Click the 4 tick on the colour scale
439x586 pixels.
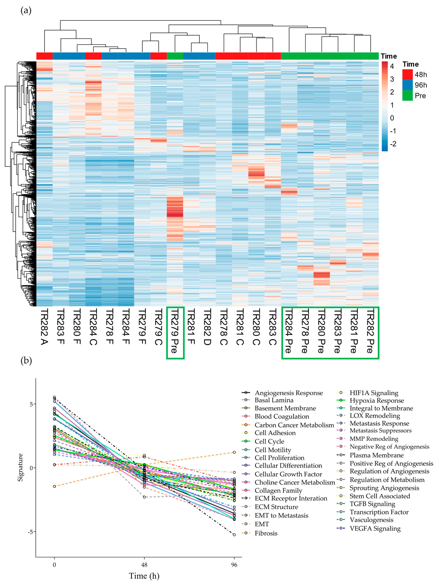pyautogui.click(x=392, y=66)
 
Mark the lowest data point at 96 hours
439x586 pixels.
pyautogui.click(x=234, y=535)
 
